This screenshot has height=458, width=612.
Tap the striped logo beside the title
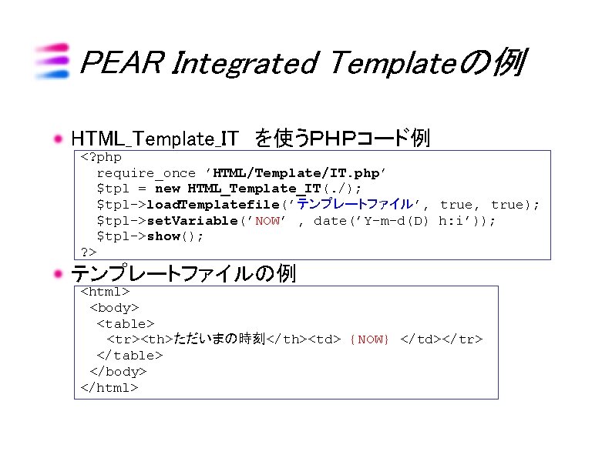pyautogui.click(x=52, y=61)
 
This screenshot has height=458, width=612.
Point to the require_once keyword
pyautogui.click(x=146, y=173)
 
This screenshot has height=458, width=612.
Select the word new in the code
pyautogui.click(x=167, y=189)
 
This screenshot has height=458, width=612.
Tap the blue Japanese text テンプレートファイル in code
pyautogui.click(x=355, y=205)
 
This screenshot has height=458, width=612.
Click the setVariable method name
pyautogui.click(x=192, y=221)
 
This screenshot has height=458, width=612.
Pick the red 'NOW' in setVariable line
pyautogui.click(x=267, y=221)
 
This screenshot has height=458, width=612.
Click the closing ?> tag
pyautogui.click(x=89, y=252)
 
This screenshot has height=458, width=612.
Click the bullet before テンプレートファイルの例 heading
pyautogui.click(x=58, y=273)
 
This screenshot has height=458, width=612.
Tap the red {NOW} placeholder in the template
pyautogui.click(x=370, y=339)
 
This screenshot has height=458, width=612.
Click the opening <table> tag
pyautogui.click(x=126, y=324)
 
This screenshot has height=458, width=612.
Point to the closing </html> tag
pyautogui.click(x=109, y=387)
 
